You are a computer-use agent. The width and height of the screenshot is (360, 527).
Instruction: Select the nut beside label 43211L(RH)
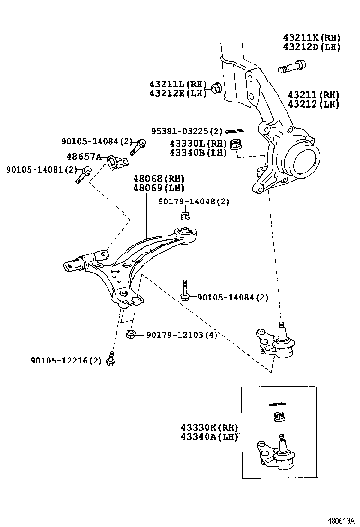point(216,88)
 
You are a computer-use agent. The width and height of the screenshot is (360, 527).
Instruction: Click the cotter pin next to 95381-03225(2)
point(234,131)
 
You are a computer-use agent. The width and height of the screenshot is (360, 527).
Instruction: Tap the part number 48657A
point(83,157)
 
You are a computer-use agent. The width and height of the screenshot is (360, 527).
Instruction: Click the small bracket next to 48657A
point(116,162)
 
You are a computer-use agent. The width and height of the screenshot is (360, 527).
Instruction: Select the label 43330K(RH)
point(208,427)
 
